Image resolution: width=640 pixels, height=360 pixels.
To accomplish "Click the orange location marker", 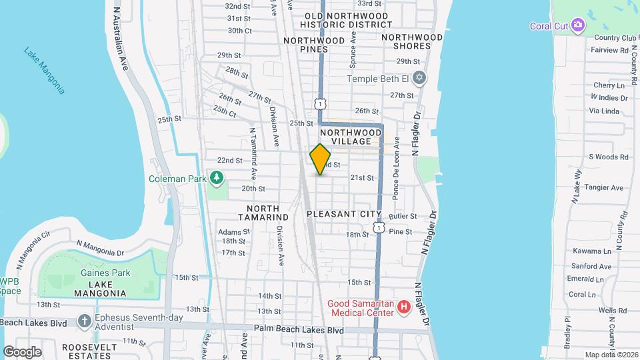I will [321, 159].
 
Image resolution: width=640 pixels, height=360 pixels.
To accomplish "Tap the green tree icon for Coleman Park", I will [216, 177].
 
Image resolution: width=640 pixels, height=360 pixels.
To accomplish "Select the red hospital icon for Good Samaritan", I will [403, 307].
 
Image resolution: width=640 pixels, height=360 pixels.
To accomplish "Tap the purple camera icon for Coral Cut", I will [577, 26].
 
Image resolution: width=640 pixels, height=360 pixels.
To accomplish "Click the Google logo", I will [22, 352].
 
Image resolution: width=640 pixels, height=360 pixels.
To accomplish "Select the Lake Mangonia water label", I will [44, 70].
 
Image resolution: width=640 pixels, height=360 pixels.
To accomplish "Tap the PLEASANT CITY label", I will [343, 214].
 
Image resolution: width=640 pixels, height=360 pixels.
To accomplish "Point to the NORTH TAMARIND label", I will [263, 213].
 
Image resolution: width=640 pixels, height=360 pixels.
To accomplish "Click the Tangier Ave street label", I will [603, 187].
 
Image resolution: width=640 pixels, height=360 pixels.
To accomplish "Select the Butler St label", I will [403, 217].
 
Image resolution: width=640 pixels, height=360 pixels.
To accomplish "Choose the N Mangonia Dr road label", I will [101, 249].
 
